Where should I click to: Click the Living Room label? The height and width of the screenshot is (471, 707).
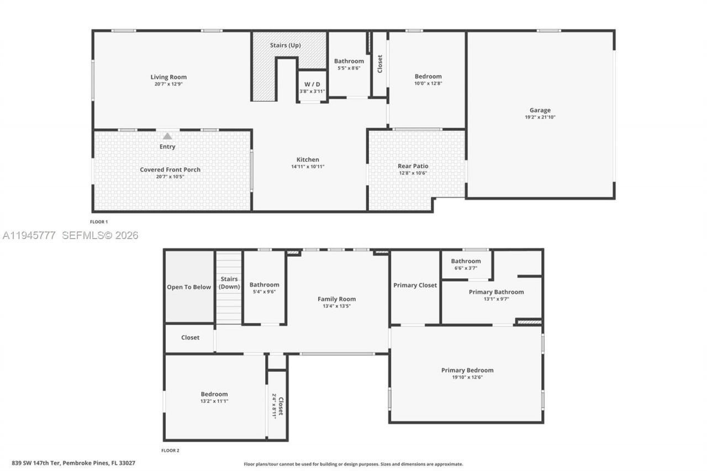168,77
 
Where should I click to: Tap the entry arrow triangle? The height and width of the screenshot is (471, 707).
167,136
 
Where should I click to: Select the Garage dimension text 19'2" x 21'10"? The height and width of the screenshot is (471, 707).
540,117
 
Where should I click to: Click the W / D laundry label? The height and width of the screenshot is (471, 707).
312,84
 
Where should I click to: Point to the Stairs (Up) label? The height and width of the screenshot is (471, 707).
286,45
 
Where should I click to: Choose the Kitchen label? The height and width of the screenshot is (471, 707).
308,160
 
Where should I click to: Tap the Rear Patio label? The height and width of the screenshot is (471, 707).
413,166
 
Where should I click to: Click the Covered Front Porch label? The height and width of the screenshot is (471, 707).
170,170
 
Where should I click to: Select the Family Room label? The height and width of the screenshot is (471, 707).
336,299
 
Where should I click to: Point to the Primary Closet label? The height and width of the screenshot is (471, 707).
415,285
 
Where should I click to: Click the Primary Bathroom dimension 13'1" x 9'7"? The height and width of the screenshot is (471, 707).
496,299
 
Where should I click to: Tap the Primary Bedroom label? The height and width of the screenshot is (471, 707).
467,370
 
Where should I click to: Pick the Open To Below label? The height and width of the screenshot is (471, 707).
189,287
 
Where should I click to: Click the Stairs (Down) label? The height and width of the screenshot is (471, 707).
229,283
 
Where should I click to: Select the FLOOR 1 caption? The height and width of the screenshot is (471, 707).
99,222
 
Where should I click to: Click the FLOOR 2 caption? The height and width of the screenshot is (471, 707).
170,451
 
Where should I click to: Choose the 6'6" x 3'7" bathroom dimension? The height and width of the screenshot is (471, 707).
466,268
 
